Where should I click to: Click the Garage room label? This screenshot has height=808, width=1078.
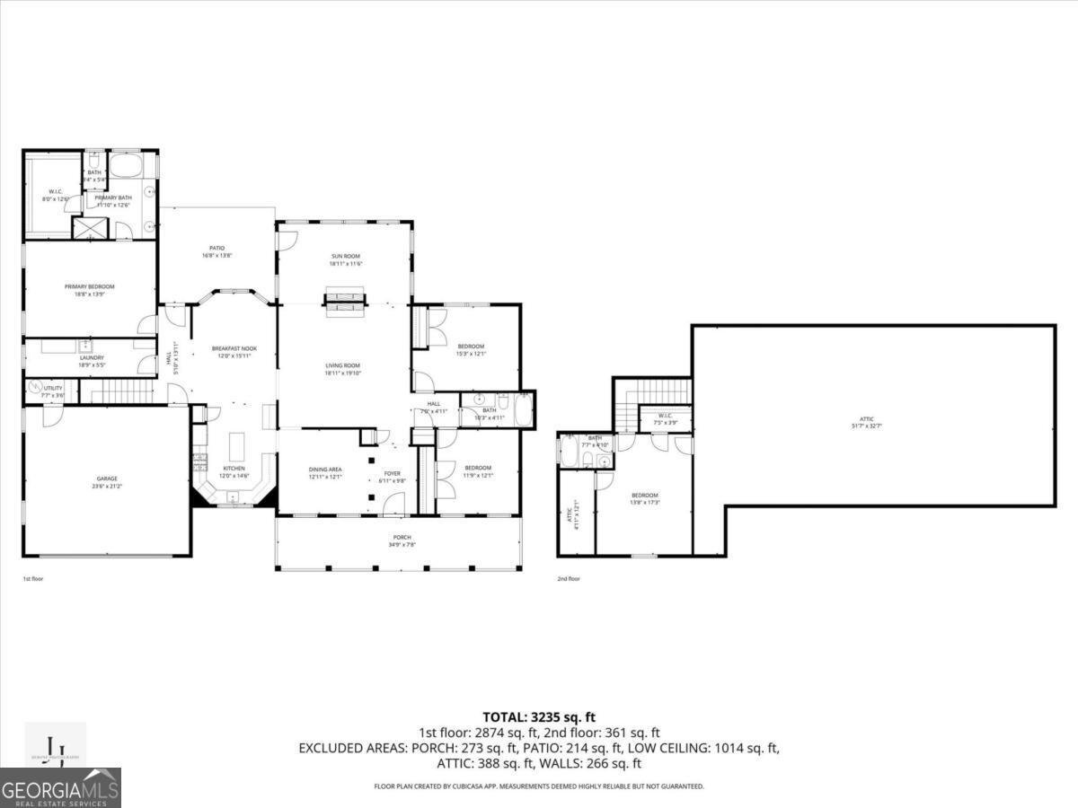point(107,482)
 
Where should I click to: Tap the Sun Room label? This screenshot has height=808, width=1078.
point(345,259)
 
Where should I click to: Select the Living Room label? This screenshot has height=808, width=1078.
point(342,369)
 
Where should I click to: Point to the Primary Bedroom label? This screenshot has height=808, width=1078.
point(89,290)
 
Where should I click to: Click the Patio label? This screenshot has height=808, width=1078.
point(216,251)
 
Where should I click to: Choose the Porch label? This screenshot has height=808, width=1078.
point(401,540)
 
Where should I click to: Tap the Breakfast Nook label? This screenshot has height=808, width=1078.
point(234,351)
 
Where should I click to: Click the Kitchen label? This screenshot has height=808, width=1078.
point(234,471)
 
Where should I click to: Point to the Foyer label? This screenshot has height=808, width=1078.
point(393,477)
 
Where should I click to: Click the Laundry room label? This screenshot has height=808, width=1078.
point(92,361)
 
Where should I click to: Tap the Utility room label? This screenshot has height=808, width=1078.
point(53,391)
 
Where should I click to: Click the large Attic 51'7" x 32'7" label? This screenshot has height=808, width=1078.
point(866,422)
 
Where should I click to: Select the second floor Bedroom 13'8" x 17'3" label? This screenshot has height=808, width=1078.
point(644,499)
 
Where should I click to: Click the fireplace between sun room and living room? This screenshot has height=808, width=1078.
point(345,302)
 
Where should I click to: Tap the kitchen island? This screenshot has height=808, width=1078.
point(238,445)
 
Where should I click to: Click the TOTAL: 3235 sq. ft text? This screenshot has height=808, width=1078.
point(538,716)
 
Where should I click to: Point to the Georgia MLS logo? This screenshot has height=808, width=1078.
point(60,787)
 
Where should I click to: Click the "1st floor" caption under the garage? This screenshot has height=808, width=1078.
point(32,579)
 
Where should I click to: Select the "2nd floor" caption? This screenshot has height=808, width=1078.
point(568,579)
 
